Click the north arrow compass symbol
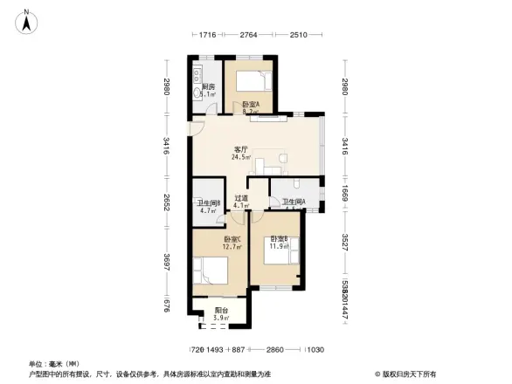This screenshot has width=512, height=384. (x=27, y=19)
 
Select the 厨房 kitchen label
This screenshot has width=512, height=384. (x=208, y=86)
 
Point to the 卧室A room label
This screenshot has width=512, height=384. (x=251, y=104)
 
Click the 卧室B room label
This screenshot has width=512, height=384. (x=279, y=238)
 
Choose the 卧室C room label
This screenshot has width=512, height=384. (x=232, y=238)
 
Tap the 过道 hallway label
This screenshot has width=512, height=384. (x=241, y=198)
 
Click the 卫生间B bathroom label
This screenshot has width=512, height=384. (x=208, y=202)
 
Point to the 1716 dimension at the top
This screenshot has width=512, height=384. (x=207, y=35)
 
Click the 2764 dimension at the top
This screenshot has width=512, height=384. (x=250, y=35)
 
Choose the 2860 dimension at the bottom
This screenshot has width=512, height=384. (x=276, y=350)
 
